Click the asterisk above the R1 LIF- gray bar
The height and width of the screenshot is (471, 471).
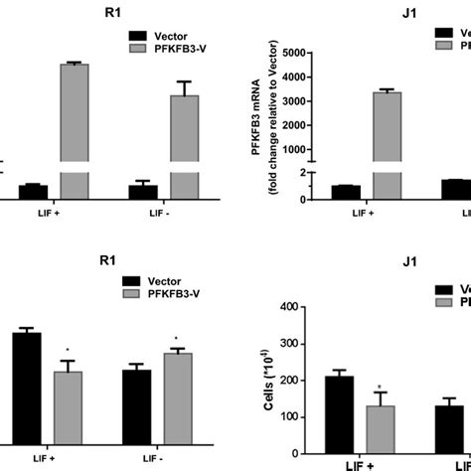click(x=175, y=338)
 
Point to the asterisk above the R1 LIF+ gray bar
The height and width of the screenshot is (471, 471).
click(x=68, y=350)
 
